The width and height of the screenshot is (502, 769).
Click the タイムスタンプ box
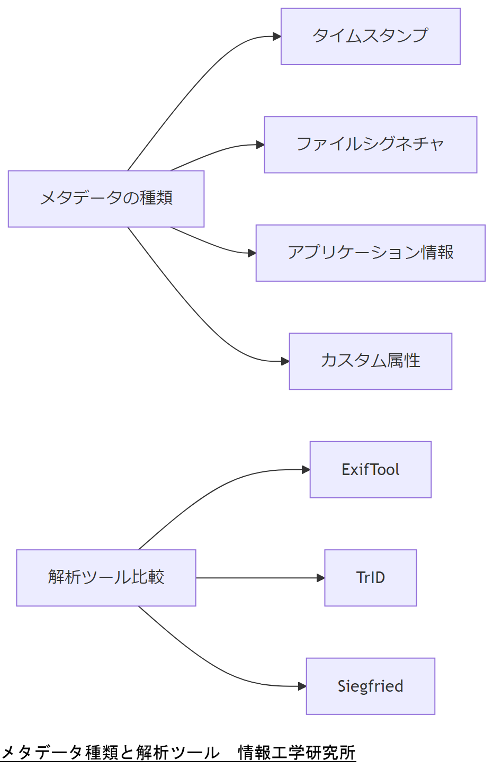370,37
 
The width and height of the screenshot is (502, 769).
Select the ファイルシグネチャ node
370,145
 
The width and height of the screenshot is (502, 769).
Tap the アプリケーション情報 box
370,253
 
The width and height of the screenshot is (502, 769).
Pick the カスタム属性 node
370,361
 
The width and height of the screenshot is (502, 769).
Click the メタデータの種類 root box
106,199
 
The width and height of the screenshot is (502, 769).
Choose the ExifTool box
370,470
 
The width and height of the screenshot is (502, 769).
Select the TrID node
370,578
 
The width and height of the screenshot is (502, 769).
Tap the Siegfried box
370,686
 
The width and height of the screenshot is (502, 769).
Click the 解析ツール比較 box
106,578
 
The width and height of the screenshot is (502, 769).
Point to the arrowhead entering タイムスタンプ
277,37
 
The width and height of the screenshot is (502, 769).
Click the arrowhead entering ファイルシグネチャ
261,145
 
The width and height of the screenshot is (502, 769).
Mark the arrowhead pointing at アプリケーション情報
252,253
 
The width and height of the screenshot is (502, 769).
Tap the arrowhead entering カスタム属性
285,361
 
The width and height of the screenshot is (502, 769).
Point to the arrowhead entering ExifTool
306,470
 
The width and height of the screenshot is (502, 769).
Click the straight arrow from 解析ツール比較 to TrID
259,578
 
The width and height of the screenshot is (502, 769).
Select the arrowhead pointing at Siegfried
302,686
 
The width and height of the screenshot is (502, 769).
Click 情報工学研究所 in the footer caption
297,753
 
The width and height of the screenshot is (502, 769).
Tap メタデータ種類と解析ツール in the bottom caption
110,753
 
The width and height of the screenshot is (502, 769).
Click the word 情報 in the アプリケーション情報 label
437,253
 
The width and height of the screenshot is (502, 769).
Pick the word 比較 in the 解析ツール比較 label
148,577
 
